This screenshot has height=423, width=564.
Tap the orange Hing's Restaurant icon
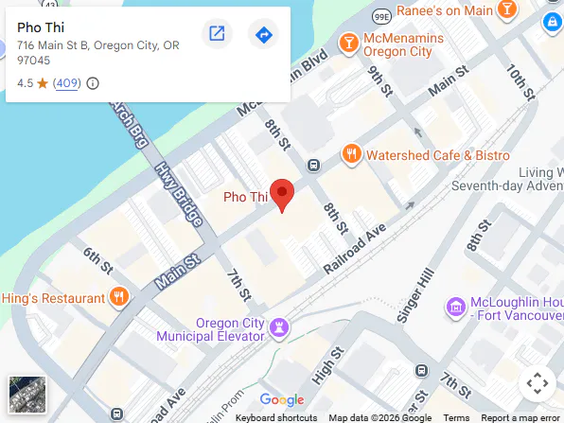tap(119, 298)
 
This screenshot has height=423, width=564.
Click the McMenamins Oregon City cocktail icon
tap(349, 43)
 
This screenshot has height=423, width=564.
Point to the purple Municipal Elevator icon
tap(279, 328)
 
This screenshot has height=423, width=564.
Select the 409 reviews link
tap(67, 83)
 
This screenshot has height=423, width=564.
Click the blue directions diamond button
tap(263, 35)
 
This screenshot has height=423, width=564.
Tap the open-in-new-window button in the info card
tap(217, 35)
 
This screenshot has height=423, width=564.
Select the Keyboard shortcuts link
tap(276, 417)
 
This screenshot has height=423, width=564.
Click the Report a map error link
tap(520, 417)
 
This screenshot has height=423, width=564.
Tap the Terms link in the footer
tap(456, 417)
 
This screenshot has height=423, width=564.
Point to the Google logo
tap(282, 399)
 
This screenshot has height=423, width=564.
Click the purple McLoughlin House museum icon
tap(456, 307)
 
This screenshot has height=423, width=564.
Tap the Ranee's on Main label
tap(444, 10)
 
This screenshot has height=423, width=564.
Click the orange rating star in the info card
tap(43, 83)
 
